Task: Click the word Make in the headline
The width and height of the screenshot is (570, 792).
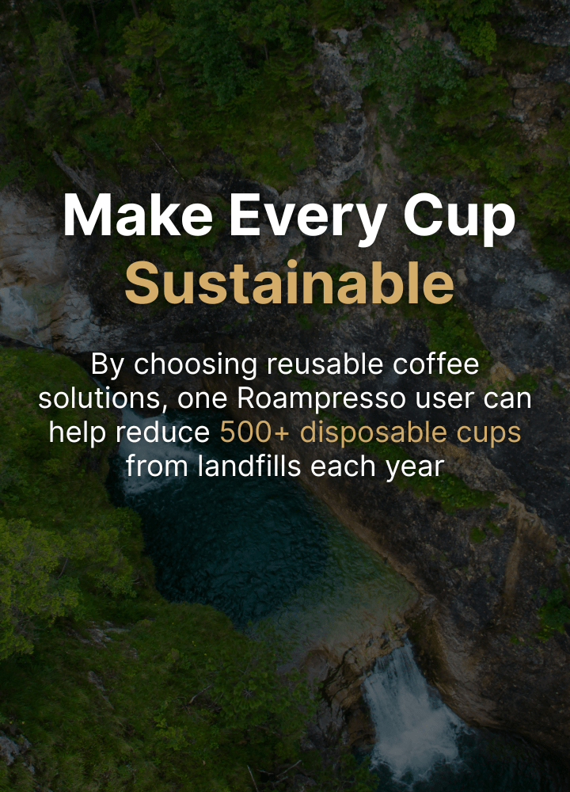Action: tap(137, 215)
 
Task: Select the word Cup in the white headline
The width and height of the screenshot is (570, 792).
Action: tap(459, 219)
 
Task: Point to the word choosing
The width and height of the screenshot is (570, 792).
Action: tap(196, 365)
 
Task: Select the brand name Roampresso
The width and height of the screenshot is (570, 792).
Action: tap(321, 400)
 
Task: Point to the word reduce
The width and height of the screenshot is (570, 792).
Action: tap(162, 432)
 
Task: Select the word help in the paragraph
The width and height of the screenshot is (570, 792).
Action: tap(78, 434)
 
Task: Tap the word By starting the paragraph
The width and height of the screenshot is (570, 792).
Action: tap(107, 365)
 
